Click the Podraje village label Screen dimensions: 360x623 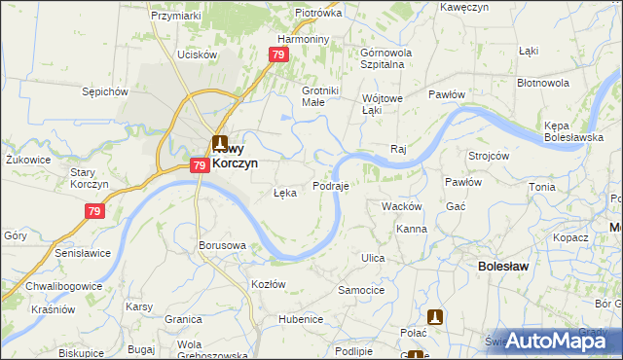[330, 185]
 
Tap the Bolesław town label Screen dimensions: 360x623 [504, 265]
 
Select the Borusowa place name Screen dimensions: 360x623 [222, 245]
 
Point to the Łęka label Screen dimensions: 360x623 [284, 193]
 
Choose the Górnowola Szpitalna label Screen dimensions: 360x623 [387, 57]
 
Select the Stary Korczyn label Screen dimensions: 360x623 [81, 178]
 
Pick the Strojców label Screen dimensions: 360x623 [489, 156]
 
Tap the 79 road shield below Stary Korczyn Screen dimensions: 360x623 [95, 210]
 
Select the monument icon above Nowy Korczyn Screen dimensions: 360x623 [221, 142]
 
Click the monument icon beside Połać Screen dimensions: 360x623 [436, 316]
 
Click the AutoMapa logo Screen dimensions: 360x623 [549, 341]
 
